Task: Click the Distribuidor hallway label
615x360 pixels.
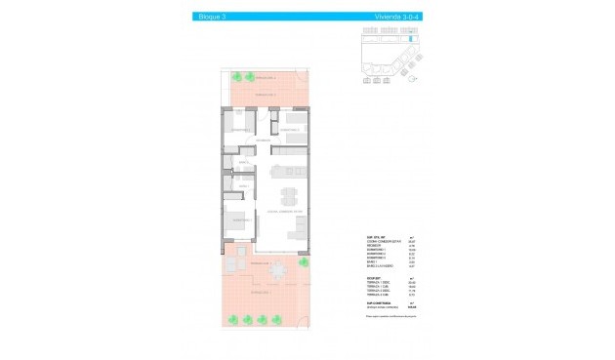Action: (263, 142)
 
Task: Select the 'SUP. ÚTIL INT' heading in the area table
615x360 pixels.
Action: (375, 235)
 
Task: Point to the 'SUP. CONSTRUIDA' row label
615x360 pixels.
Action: (380, 302)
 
